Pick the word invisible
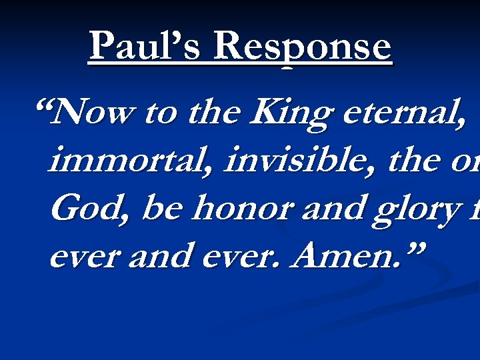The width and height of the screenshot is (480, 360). pos(296,161)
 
